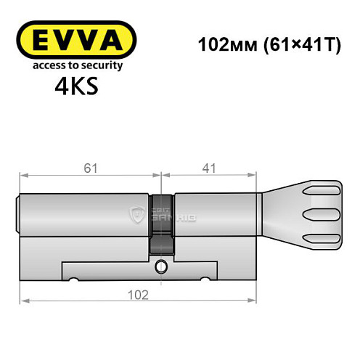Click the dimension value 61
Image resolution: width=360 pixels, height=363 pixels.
(89, 168)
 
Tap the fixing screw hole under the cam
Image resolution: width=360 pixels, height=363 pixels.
(161, 269)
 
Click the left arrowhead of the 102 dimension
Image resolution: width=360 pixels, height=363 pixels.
(23, 301)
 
